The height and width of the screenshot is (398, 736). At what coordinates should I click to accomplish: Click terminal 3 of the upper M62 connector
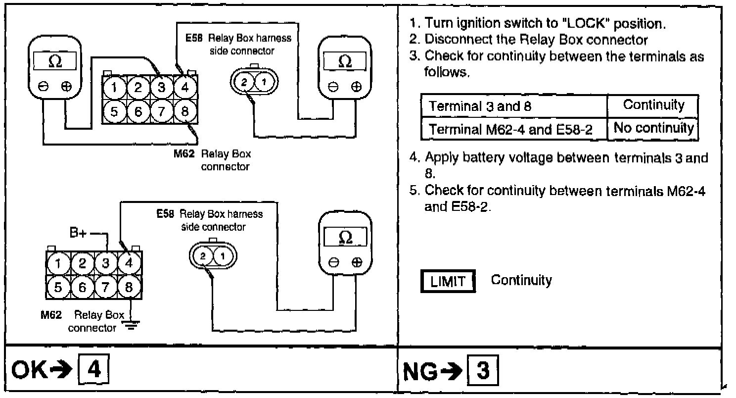[161, 88]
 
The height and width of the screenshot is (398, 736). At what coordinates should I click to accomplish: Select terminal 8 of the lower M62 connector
[129, 287]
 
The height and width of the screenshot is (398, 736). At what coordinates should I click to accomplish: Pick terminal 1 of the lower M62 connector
[58, 263]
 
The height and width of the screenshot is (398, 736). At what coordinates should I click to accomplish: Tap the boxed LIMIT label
[447, 281]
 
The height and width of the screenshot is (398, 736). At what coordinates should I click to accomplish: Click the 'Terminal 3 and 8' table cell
[513, 106]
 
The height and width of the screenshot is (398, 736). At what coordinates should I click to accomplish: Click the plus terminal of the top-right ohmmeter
[356, 87]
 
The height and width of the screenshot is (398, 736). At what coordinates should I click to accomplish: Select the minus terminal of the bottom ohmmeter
[333, 263]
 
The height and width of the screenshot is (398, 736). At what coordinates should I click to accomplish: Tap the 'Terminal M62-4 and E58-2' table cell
[513, 129]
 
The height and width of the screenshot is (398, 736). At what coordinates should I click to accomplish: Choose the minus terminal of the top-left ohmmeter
[44, 86]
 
